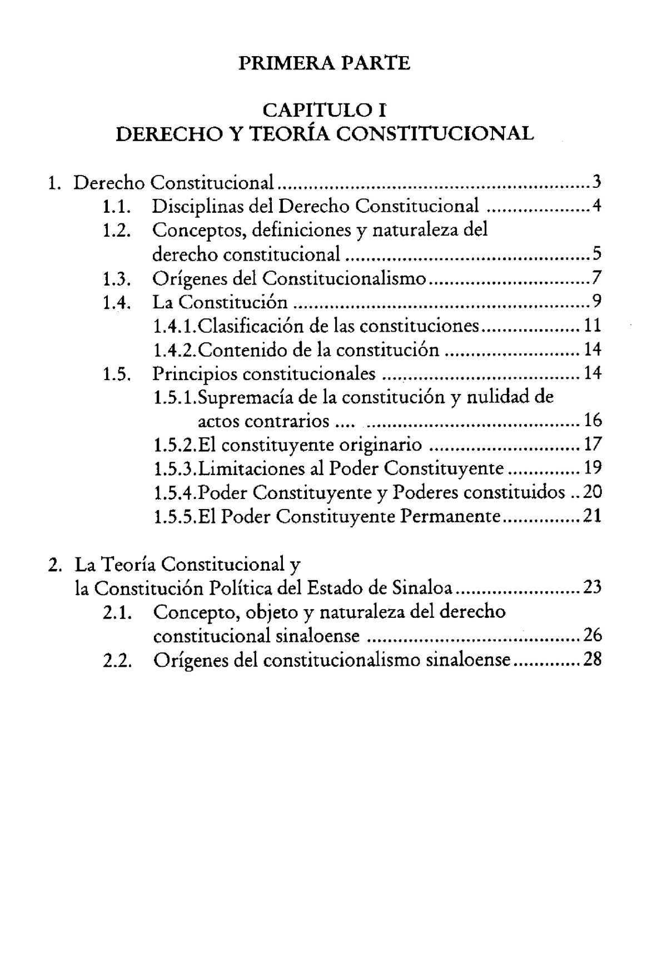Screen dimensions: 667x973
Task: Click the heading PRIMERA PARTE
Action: [324, 63]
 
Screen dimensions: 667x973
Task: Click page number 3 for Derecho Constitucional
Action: [596, 182]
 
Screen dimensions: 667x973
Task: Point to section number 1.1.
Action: [117, 207]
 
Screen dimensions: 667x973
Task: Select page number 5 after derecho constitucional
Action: [596, 255]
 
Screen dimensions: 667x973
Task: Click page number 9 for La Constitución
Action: [596, 302]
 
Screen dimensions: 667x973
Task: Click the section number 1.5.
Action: [117, 374]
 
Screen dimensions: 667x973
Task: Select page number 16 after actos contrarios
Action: [593, 421]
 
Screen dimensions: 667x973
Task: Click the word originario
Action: [381, 445]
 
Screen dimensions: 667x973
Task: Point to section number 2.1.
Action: [117, 612]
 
